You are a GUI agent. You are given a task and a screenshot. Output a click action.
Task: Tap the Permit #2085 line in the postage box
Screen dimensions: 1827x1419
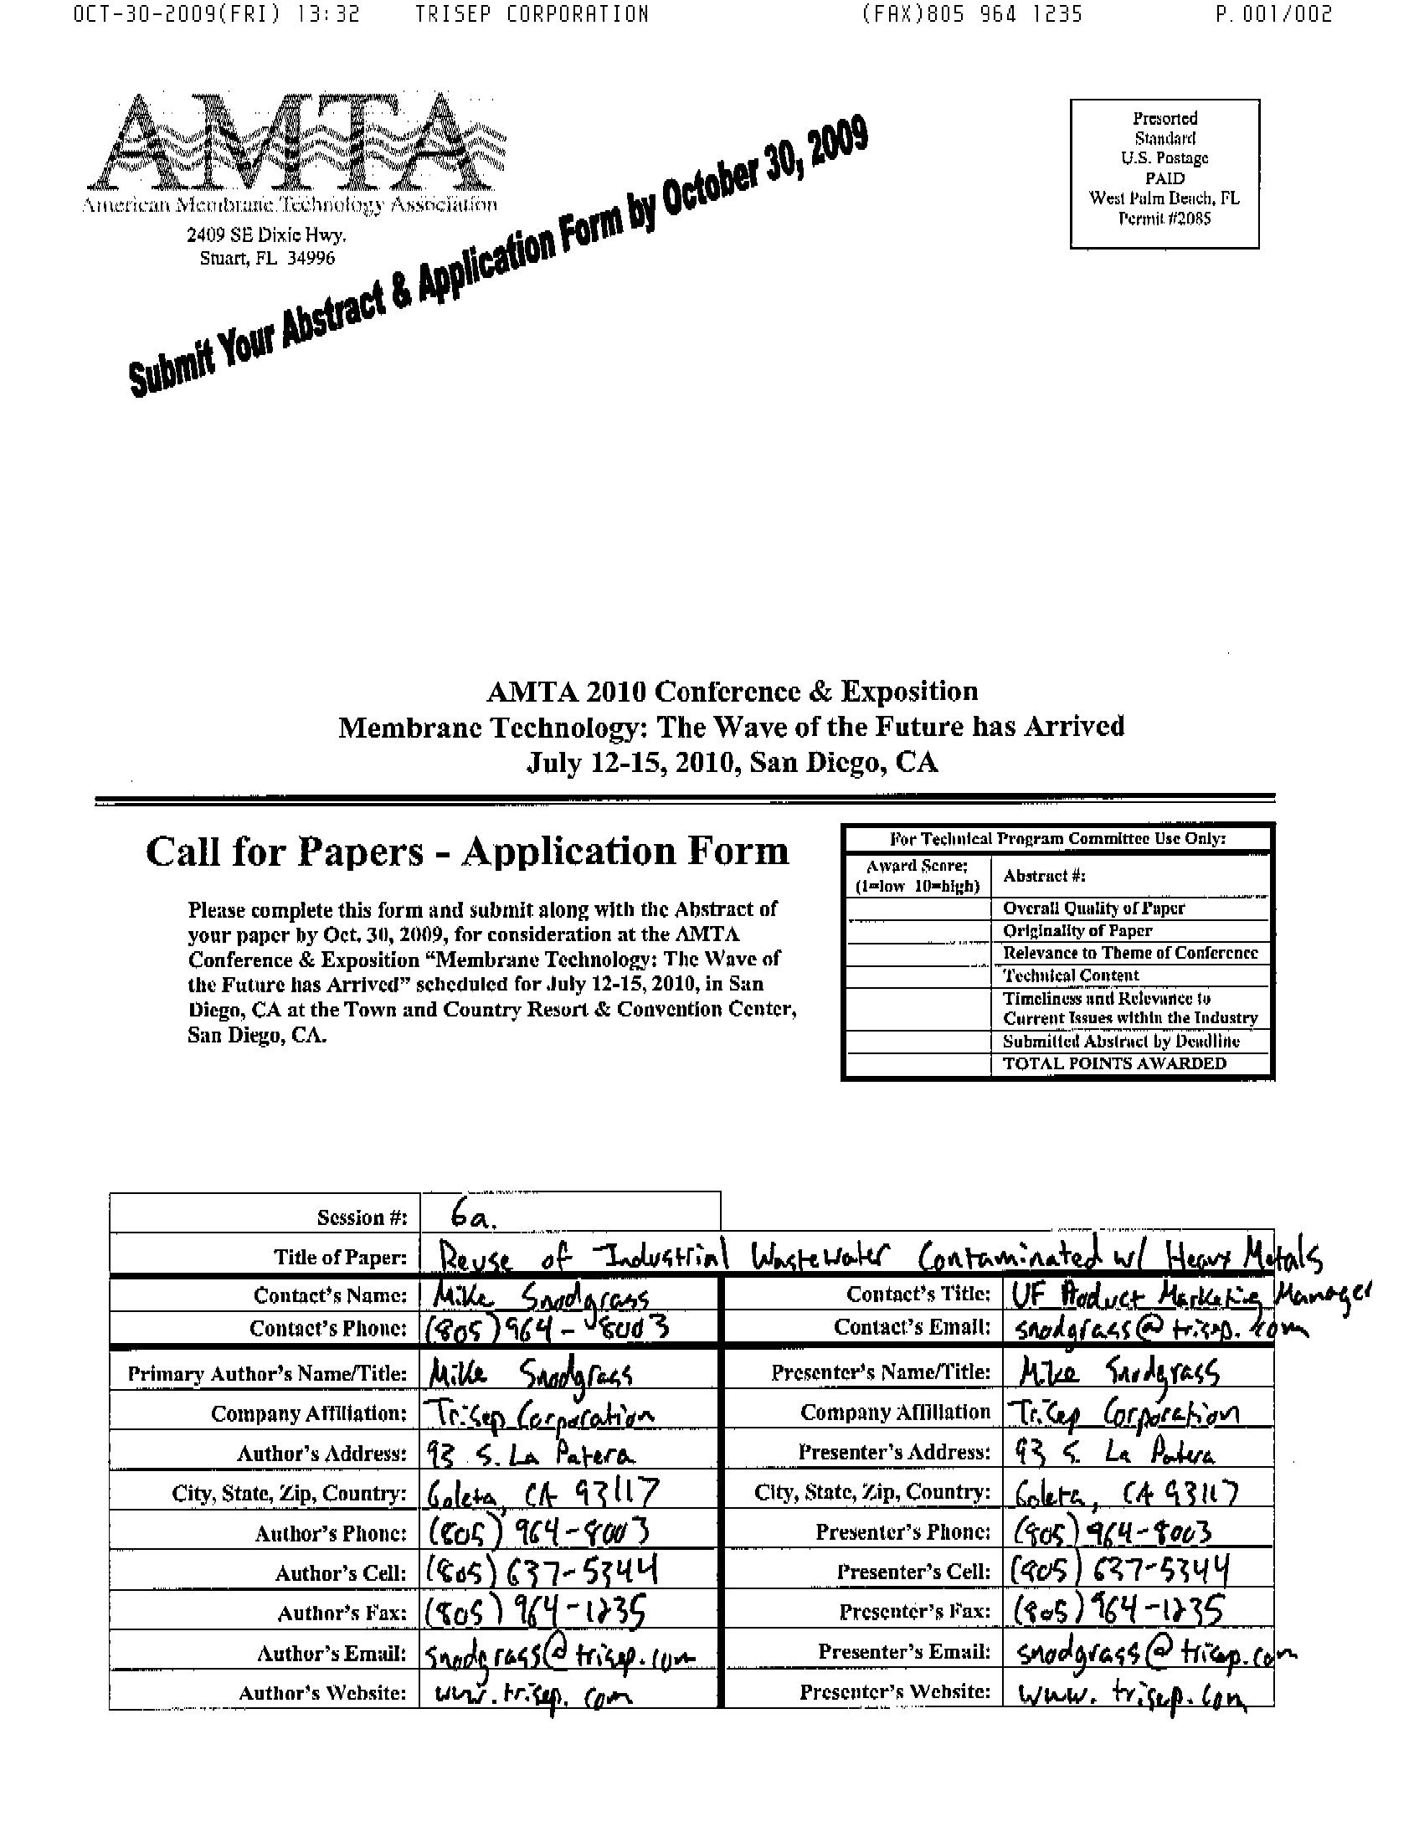click(x=1164, y=219)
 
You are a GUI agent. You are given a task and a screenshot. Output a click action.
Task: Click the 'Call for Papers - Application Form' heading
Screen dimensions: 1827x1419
click(x=467, y=852)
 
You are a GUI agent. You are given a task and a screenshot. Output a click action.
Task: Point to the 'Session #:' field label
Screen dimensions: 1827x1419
click(x=362, y=1217)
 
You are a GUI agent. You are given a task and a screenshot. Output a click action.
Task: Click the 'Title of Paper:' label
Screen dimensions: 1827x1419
click(x=340, y=1257)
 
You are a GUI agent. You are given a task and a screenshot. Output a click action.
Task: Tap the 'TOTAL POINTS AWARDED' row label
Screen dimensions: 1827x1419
click(x=1114, y=1063)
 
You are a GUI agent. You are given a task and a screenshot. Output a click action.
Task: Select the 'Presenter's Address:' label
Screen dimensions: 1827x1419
click(x=894, y=1452)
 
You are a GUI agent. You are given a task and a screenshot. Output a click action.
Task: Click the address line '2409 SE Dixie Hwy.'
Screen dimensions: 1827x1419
click(x=266, y=235)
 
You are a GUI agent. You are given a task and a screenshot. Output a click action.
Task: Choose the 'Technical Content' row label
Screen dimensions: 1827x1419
click(x=1071, y=975)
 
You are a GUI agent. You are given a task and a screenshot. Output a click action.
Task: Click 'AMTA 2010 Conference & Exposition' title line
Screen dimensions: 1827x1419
click(x=732, y=692)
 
